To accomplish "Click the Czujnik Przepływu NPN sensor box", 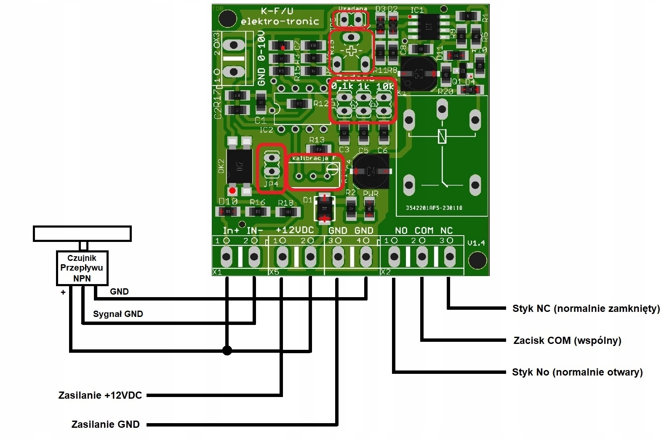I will (82, 268).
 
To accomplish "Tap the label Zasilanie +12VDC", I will (100, 395).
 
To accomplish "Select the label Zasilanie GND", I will (106, 424).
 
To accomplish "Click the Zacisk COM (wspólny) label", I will (567, 340).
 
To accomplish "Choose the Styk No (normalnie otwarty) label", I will (577, 372).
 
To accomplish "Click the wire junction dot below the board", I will (227, 350).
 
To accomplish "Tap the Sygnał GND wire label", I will (118, 314).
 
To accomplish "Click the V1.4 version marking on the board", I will (476, 243).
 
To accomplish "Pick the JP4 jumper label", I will (271, 184).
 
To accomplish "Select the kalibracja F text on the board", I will (314, 158).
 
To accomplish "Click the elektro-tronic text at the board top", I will (280, 21).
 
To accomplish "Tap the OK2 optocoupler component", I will (239, 166).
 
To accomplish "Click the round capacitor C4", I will (371, 172).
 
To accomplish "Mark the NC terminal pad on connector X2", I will (450, 256).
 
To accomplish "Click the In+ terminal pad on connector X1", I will (227, 256).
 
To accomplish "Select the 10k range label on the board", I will (385, 86).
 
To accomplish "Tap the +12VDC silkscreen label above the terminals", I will (295, 230).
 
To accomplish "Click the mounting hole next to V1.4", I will (477, 260).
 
